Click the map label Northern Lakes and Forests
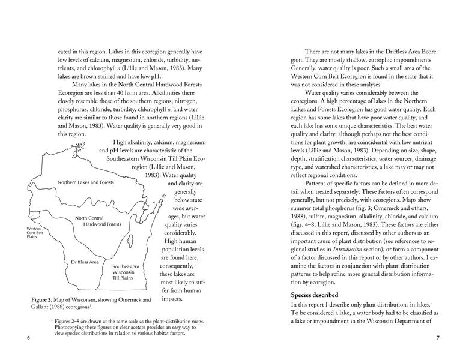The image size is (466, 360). pos(86,182)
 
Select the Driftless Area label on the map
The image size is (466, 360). pos(85,262)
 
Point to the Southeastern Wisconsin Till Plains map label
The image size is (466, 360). pos(127,272)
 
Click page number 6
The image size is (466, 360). pos(28,337)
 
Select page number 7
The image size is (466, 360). pos(438,337)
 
